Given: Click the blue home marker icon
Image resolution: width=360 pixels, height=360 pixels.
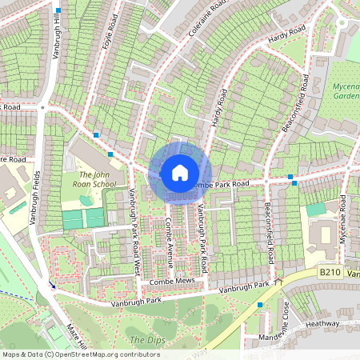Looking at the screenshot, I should [180, 171].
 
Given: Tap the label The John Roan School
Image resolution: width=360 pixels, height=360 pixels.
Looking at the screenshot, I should [102, 178].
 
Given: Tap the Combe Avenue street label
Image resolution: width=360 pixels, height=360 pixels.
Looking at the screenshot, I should [170, 241].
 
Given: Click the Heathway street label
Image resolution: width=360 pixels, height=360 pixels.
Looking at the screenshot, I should [323, 325].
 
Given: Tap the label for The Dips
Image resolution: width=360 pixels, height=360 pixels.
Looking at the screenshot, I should [145, 339].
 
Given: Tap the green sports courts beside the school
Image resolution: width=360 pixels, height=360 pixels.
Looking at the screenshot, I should [83, 218].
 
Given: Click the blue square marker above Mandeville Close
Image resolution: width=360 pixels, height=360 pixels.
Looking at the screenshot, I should [260, 305].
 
